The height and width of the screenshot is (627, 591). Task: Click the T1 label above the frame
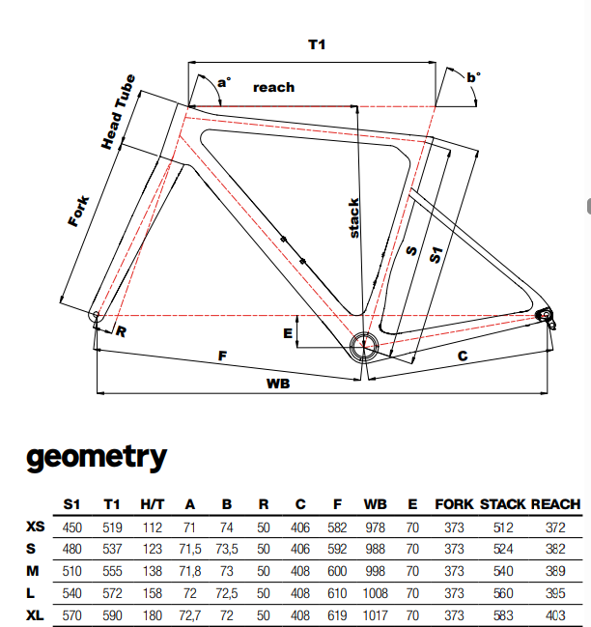[316, 45]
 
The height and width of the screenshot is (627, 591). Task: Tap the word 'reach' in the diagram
[273, 87]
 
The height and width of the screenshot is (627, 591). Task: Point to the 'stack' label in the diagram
[354, 218]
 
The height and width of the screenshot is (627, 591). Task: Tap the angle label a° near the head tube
[223, 83]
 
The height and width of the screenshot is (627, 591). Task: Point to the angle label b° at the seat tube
[472, 77]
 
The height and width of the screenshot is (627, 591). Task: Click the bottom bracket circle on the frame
[364, 346]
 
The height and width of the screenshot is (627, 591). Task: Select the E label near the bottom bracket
[287, 333]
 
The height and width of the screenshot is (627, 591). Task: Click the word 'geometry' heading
[97, 456]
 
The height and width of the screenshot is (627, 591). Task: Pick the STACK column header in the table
[502, 504]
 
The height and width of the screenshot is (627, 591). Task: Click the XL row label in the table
[36, 613]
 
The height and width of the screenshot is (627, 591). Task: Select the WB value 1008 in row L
[376, 592]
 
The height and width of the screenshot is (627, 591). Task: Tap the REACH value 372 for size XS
[555, 527]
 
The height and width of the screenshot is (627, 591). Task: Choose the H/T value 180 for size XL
[152, 613]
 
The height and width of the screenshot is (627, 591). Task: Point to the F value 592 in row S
[339, 549]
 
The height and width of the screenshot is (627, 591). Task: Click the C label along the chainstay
[463, 356]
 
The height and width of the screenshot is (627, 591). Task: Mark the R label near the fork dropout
[122, 331]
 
